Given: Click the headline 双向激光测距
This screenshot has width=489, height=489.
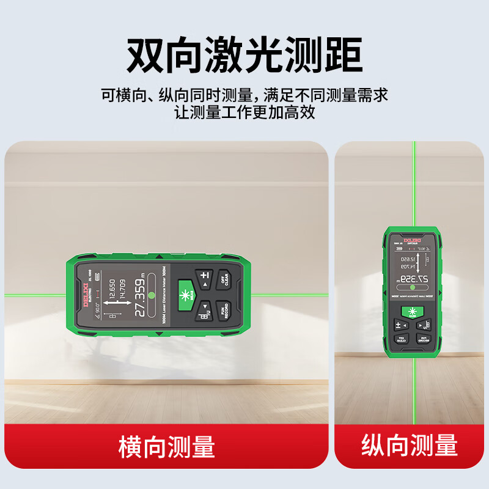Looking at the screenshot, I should pyautogui.click(x=244, y=54).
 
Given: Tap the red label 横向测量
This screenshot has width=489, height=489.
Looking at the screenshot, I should pyautogui.click(x=166, y=447).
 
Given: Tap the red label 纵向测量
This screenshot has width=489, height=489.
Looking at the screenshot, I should pyautogui.click(x=409, y=445).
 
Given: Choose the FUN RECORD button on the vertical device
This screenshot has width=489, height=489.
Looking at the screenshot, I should pyautogui.click(x=422, y=339).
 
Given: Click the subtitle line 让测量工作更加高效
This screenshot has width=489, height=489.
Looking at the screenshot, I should pyautogui.click(x=244, y=112).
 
